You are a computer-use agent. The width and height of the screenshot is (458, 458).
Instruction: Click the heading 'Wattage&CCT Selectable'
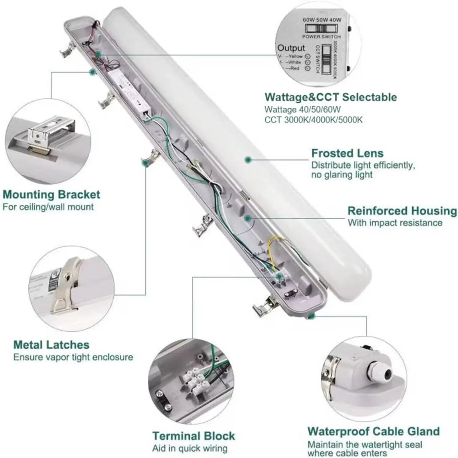(331, 97)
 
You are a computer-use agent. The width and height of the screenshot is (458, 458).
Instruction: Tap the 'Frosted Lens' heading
(347, 153)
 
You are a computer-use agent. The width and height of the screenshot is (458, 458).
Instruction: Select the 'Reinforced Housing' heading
(402, 211)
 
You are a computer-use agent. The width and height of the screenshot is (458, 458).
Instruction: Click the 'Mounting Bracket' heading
(52, 195)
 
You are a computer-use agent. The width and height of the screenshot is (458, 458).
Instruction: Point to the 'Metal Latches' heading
(52, 345)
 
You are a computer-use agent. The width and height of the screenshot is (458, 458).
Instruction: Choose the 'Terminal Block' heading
(194, 436)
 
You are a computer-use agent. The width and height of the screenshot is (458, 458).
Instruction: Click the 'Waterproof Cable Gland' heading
(374, 431)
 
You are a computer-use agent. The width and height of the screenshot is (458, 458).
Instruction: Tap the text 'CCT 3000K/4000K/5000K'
(313, 120)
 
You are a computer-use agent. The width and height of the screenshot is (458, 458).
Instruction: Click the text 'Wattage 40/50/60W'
(303, 110)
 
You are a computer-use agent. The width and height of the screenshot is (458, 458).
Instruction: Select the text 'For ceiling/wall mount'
(48, 207)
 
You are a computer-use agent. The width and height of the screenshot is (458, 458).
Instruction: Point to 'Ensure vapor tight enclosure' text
(73, 357)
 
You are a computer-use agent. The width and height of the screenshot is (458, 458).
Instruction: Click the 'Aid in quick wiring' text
(190, 448)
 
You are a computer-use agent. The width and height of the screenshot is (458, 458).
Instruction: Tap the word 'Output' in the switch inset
(291, 48)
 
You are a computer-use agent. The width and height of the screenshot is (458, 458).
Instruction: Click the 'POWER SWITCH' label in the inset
(321, 37)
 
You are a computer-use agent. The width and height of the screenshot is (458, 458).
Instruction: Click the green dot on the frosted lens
(248, 159)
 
